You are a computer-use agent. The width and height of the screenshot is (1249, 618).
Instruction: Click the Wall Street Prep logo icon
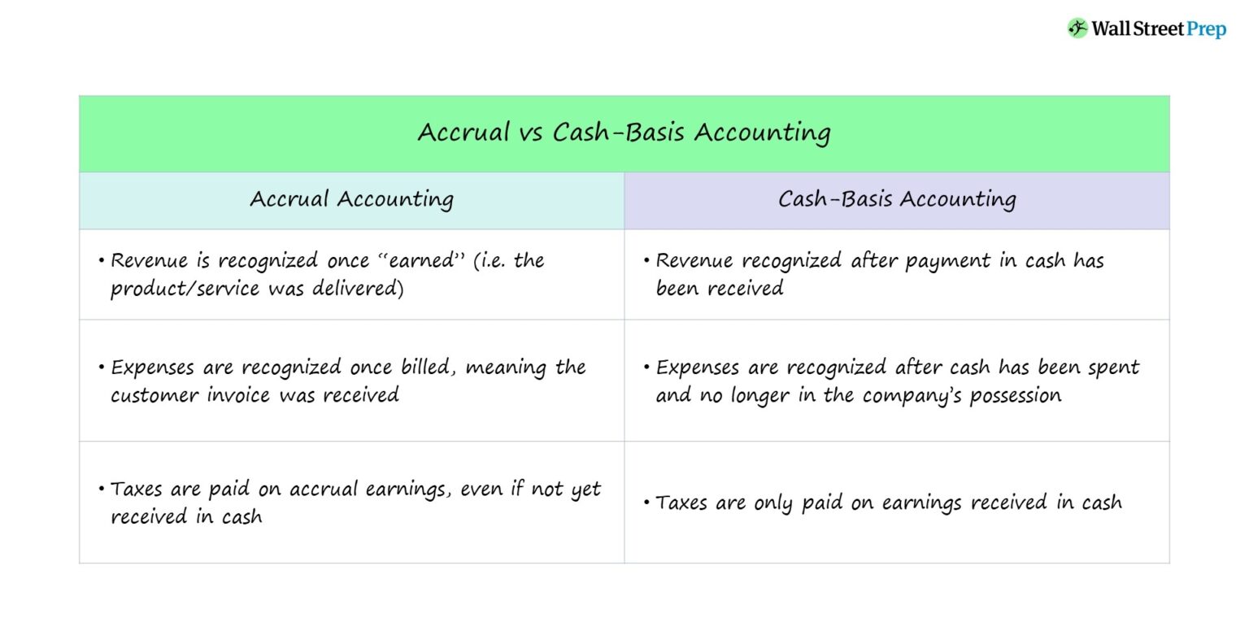(1077, 28)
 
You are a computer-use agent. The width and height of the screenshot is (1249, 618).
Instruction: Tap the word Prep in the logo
(1206, 29)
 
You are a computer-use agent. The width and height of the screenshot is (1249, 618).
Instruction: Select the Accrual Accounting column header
(351, 199)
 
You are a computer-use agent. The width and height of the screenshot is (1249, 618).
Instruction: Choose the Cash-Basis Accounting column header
(896, 199)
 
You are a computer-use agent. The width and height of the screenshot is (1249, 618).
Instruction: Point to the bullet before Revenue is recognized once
(102, 261)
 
